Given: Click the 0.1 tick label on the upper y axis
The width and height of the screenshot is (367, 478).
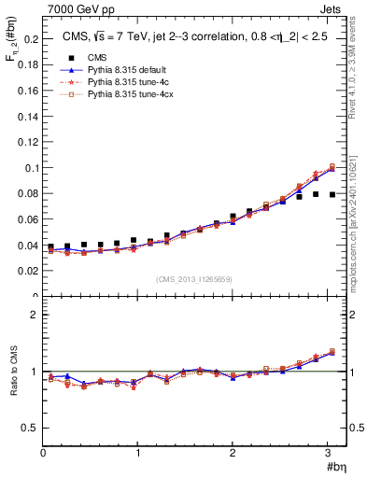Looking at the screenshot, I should click(31, 168).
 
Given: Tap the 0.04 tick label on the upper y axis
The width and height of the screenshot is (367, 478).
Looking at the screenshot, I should click(28, 246).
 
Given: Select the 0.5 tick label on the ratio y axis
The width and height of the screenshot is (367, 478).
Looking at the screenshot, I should click(31, 428).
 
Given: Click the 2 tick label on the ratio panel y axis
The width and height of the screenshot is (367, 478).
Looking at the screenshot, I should click(35, 315).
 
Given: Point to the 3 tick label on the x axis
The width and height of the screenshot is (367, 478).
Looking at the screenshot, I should click(330, 453).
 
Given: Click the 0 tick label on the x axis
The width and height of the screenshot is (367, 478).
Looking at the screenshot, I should click(43, 453).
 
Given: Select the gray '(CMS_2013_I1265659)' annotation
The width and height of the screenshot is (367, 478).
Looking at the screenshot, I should click(194, 279).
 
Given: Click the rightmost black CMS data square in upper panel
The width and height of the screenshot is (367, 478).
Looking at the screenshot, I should click(332, 194).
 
